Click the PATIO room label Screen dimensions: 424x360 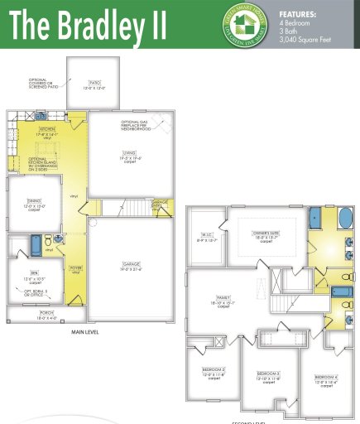[95, 83]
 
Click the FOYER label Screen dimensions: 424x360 [74, 267]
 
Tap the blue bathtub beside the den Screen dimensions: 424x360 [36, 245]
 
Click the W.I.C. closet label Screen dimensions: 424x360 [206, 238]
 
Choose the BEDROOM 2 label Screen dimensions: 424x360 [214, 371]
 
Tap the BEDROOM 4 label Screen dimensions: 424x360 [325, 378]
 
